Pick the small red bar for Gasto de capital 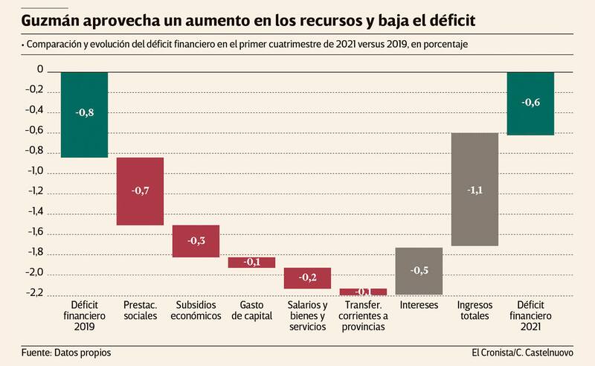pyautogui.click(x=251, y=262)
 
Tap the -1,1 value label pyautogui.click(x=475, y=190)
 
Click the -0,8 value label pyautogui.click(x=84, y=112)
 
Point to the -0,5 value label pyautogui.click(x=419, y=270)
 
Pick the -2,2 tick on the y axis pyautogui.click(x=35, y=293)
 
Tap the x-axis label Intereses pyautogui.click(x=419, y=306)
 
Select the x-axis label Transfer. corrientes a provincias pyautogui.click(x=363, y=316)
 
